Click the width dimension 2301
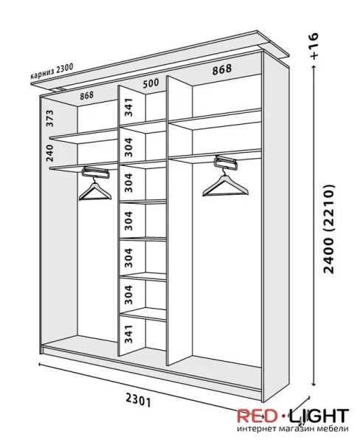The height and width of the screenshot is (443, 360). tap(139, 400)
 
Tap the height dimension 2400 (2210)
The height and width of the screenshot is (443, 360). tap(329, 229)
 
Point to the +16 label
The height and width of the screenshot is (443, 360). tap(314, 46)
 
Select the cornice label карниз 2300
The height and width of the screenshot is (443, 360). tap(52, 71)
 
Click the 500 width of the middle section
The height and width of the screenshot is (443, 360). tap(150, 83)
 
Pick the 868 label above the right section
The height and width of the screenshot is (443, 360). tap(222, 69)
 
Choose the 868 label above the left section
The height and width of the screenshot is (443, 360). tap(86, 95)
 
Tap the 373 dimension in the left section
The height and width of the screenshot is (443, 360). tap(49, 118)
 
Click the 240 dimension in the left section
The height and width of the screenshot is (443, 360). tap(49, 153)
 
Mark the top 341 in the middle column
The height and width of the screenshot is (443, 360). tap(128, 107)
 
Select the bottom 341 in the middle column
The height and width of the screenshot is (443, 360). tap(128, 334)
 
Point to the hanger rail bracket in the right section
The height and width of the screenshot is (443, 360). tap(225, 162)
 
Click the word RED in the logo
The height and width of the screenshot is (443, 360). tap(257, 416)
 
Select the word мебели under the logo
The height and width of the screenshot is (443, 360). tap(335, 428)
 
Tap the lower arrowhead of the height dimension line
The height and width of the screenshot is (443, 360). tap(314, 383)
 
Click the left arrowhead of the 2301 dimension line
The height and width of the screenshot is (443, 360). tap(41, 364)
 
